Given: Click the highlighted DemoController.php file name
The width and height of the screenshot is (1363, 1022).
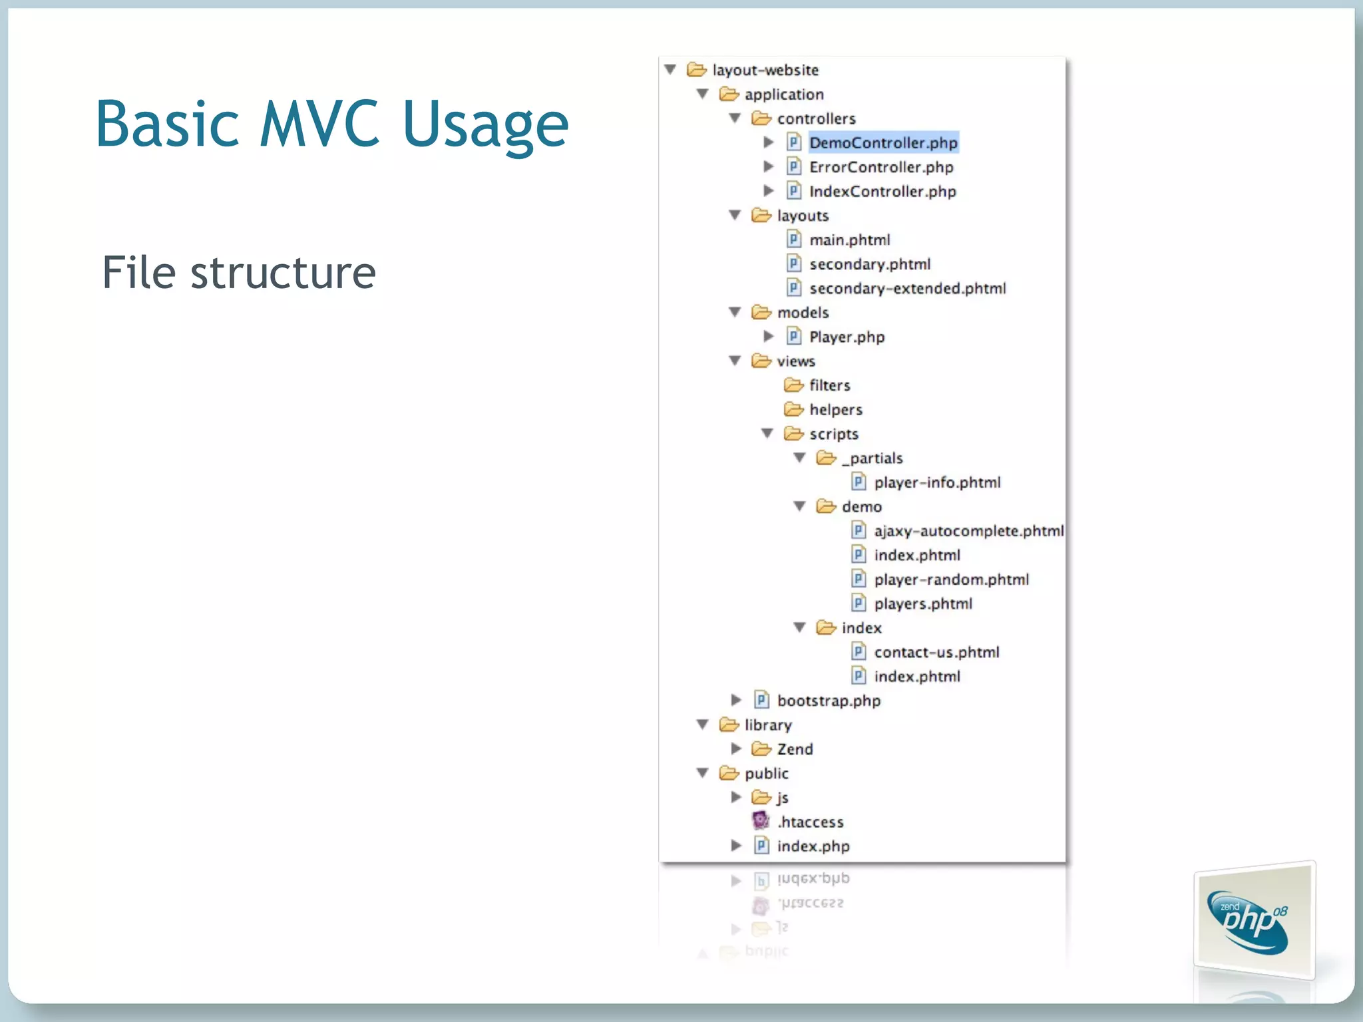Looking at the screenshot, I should coord(882,143).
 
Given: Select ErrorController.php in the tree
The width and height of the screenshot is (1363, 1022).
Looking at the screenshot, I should coord(880,167).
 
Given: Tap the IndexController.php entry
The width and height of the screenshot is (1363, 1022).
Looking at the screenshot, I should coord(882,192).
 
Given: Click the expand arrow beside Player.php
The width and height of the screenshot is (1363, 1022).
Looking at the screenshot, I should coord(768,337).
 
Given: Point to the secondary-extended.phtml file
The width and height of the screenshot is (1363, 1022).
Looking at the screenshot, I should coord(907,289).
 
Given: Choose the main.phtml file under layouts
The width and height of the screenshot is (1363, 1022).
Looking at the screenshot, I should coord(849,240).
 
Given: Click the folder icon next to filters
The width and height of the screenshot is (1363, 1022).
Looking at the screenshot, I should coord(793,385).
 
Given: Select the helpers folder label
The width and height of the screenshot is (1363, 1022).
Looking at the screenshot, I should coord(835,410).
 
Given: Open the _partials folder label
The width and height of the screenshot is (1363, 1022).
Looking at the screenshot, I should coord(872,458).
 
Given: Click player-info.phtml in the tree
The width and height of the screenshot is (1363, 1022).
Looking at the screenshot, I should coord(936,483).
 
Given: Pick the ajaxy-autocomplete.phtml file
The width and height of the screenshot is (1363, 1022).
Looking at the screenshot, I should coord(968,531).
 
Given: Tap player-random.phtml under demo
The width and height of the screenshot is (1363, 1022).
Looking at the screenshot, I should coord(951,580).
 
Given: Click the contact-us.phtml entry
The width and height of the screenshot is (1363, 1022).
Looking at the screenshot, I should coord(936,653).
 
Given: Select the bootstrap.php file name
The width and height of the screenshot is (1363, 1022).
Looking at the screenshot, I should coord(829,701).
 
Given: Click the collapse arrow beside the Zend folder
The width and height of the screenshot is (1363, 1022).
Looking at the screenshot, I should coord(736,749).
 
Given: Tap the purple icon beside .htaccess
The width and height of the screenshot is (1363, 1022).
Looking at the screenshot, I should coord(761,821).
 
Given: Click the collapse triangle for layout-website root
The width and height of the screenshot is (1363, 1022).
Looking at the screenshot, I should coord(671,70).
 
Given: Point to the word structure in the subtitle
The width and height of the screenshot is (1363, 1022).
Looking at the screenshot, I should coord(283,273).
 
